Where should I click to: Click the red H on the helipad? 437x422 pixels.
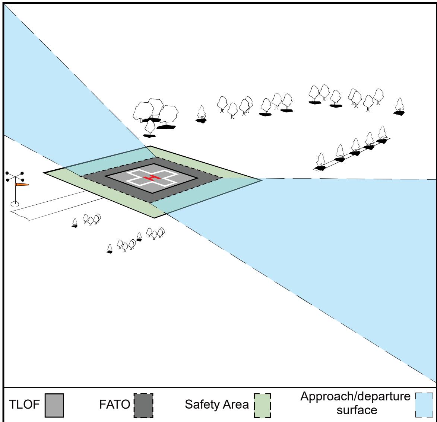click(x=152, y=178)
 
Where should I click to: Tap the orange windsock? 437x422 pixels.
click(x=22, y=184)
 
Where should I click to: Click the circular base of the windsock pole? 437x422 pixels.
click(x=15, y=204)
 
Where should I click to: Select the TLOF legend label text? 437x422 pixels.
click(x=24, y=405)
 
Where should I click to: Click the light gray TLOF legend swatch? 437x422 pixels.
click(x=54, y=405)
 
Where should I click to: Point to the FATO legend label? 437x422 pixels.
click(x=114, y=405)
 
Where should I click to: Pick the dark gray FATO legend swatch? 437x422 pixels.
click(x=143, y=405)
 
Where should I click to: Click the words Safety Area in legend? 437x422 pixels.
click(x=216, y=405)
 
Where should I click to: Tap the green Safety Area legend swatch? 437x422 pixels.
click(x=262, y=405)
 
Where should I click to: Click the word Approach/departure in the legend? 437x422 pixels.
click(x=355, y=396)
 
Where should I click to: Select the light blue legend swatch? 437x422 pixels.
click(x=424, y=405)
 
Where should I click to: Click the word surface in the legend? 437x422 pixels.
click(x=357, y=410)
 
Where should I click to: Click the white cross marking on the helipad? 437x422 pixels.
click(x=152, y=178)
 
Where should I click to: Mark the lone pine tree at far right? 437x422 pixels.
click(x=399, y=106)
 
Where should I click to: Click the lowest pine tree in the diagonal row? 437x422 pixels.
click(x=320, y=162)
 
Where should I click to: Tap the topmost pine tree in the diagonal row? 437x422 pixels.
click(x=382, y=135)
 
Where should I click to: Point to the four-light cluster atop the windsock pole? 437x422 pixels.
click(x=15, y=176)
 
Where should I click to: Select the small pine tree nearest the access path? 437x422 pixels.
click(x=75, y=223)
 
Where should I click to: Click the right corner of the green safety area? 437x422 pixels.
click(x=262, y=180)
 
